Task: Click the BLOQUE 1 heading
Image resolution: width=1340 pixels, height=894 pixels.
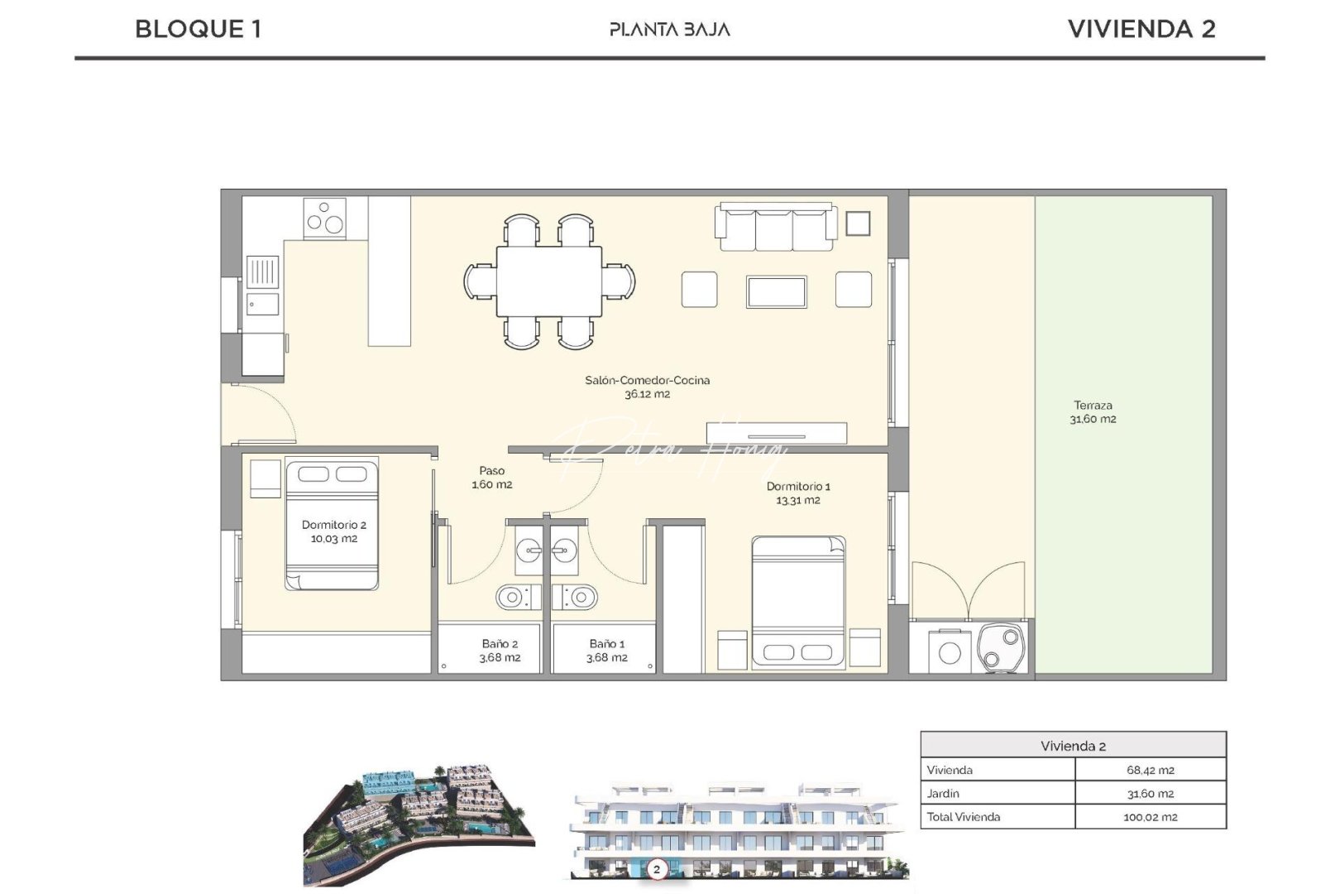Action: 198,29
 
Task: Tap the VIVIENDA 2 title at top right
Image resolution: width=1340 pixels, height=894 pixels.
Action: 1141,29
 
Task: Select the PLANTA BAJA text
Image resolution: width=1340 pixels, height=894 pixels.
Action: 670,30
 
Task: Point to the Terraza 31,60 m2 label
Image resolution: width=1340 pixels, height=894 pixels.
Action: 1093,411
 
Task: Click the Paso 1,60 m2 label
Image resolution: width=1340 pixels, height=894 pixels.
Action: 492,477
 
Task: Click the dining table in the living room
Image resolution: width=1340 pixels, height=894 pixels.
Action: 549,281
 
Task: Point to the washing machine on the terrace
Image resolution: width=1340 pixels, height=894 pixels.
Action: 950,652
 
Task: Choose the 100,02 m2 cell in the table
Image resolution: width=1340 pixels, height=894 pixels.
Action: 1150,817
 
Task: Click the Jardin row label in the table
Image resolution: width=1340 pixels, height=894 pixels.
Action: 943,793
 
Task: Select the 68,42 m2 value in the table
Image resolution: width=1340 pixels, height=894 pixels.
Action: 1150,770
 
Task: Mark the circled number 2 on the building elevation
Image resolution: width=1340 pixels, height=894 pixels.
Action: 657,869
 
